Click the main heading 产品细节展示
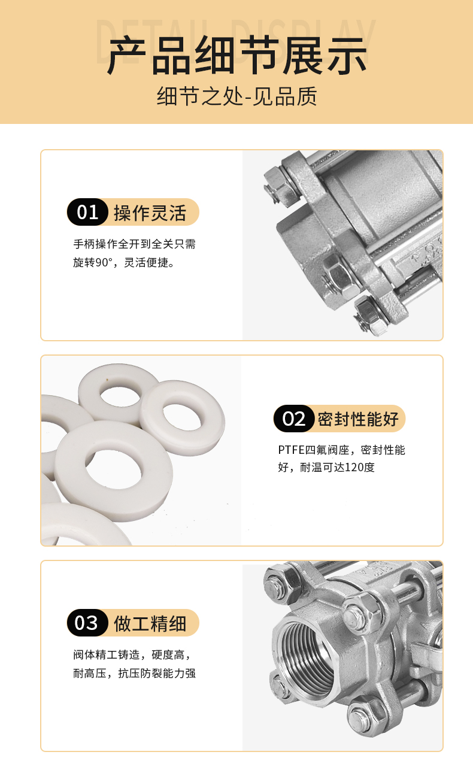tap(236, 56)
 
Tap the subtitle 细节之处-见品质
tap(237, 96)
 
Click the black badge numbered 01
tap(87, 212)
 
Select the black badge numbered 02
tap(294, 419)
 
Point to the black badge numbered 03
tap(87, 623)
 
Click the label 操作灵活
tap(150, 213)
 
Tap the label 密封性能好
tap(358, 419)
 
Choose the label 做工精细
tap(150, 623)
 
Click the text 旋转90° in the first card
tap(96, 262)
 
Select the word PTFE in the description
tap(292, 450)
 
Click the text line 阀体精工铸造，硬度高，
tap(132, 655)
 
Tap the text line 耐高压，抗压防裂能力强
tap(134, 673)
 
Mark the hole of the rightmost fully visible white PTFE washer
tap(182, 417)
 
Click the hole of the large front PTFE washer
tap(113, 469)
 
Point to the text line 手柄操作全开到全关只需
tap(134, 244)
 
